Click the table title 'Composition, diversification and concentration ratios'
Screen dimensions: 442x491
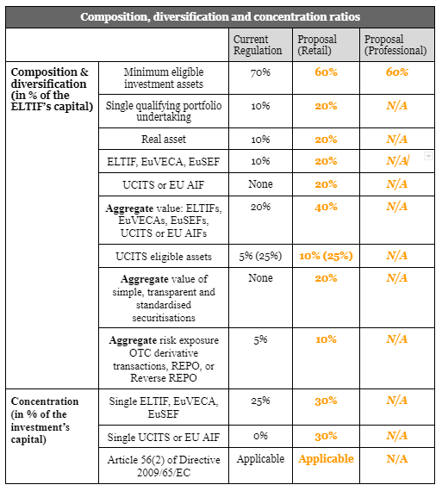[220, 16]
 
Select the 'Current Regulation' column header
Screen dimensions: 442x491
[258, 45]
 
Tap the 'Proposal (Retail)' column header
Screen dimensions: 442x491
[317, 45]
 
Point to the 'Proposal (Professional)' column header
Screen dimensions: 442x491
[395, 45]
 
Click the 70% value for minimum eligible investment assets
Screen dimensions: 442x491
[260, 72]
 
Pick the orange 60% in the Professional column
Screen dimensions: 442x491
[397, 72]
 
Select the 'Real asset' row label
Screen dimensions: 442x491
[164, 139]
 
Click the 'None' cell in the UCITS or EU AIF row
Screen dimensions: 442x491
[260, 183]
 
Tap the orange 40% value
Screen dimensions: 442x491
[326, 207]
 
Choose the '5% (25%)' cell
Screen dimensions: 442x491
[260, 256]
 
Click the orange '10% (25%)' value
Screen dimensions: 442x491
[326, 256]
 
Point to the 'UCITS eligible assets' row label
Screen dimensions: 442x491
[164, 257]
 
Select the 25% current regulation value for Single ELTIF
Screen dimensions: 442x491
[260, 401]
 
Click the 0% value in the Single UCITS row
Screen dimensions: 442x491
[260, 436]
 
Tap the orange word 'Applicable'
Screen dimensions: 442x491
[326, 459]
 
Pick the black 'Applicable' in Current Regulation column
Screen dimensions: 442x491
[260, 459]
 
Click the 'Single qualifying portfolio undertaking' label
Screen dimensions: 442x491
[164, 111]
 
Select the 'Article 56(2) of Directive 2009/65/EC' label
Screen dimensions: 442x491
[164, 466]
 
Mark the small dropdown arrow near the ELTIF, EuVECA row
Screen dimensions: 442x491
[428, 156]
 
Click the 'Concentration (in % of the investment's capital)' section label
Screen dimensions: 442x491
[45, 420]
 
